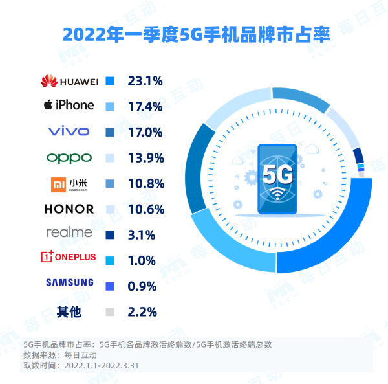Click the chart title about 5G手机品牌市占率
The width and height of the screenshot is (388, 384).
(x=194, y=34)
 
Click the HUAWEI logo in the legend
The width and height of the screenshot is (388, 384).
(x=69, y=81)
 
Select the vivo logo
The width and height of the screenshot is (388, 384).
(x=69, y=131)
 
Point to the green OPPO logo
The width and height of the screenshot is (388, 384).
(x=69, y=158)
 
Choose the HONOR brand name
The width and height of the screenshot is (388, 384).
(x=69, y=209)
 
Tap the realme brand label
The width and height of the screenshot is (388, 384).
(x=69, y=232)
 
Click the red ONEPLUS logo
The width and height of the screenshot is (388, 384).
(x=69, y=257)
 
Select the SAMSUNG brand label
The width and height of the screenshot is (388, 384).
(x=69, y=282)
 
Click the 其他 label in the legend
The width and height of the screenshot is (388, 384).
(x=69, y=312)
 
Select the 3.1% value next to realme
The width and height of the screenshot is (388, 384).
(x=142, y=234)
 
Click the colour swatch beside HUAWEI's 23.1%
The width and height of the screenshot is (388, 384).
(x=110, y=81)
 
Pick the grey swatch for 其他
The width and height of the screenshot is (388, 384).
(x=110, y=312)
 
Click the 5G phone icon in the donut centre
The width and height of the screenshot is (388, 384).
(x=277, y=179)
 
